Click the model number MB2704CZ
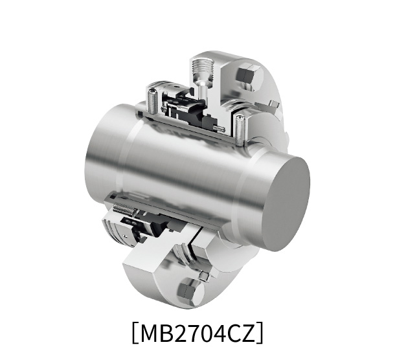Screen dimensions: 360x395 (x=197, y=334)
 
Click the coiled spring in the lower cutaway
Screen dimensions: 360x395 (x=128, y=210)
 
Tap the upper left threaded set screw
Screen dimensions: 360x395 (x=153, y=100)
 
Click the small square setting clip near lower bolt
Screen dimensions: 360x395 (x=204, y=276)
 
